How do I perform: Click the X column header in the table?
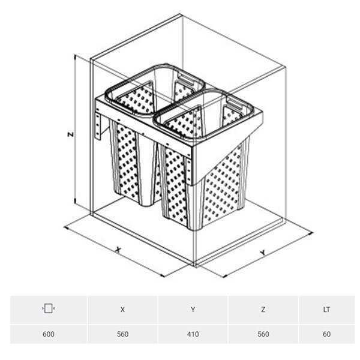pos(122,310)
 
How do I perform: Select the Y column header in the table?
pos(193,310)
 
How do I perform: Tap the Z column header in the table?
pos(263,310)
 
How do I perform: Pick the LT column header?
pos(326,310)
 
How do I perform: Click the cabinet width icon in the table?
pos(49,308)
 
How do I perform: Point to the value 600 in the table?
pos(49,334)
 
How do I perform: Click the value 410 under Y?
pos(193,334)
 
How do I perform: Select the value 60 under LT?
pos(326,334)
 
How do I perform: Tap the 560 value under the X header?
pos(122,334)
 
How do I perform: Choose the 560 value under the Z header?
pos(263,334)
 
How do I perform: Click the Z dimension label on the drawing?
pos(71,134)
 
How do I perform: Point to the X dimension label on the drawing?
pos(118,250)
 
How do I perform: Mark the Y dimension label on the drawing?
pos(263,253)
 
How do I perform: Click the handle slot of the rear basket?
pos(188,80)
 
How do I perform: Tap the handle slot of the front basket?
pos(234,104)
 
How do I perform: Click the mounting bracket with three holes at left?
pos(98,126)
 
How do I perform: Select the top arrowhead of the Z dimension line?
pos(74,56)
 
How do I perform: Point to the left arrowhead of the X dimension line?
pos(66,227)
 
